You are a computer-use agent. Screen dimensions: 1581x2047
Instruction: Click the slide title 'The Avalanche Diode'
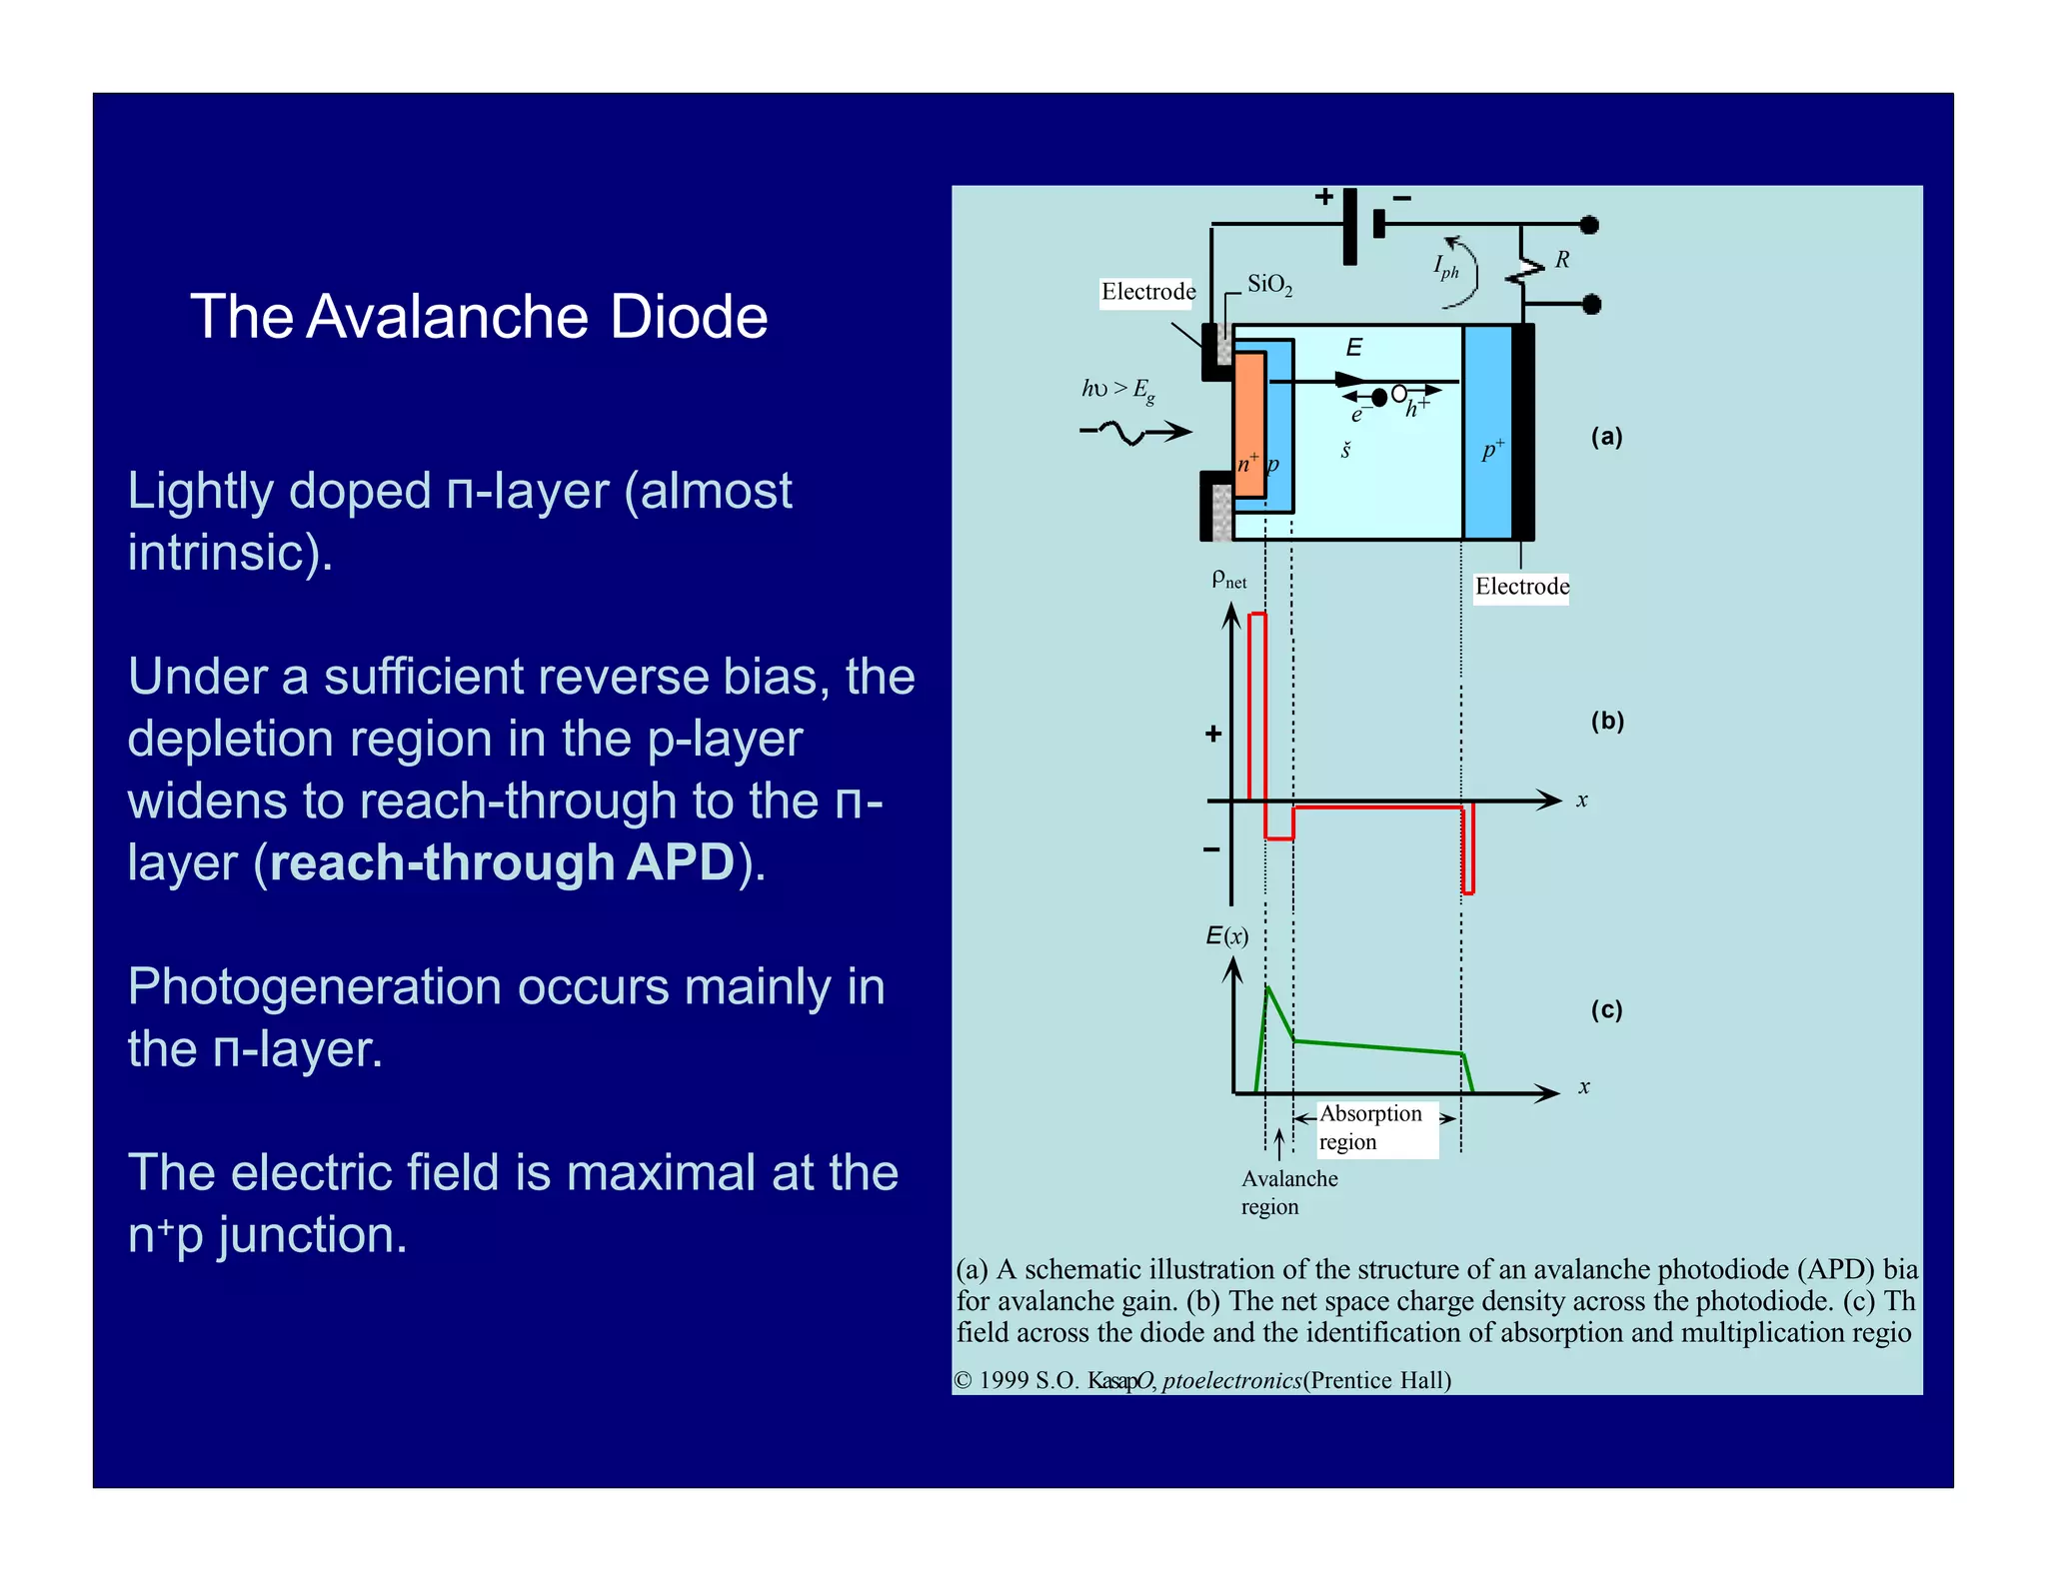click(x=479, y=317)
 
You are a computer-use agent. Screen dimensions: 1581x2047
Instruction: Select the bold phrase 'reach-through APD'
click(x=502, y=862)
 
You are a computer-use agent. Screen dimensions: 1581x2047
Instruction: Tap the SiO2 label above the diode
click(x=1269, y=286)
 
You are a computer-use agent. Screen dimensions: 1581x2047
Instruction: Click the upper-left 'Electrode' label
click(x=1147, y=292)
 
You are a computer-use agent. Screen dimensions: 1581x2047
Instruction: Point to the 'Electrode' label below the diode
click(x=1521, y=587)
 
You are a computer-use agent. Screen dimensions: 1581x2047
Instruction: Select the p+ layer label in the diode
click(x=1492, y=450)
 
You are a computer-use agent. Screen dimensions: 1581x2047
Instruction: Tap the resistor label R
click(x=1562, y=260)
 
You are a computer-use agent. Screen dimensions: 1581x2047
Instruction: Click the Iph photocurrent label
click(x=1446, y=267)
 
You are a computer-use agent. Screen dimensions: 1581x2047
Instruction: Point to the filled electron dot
click(x=1379, y=398)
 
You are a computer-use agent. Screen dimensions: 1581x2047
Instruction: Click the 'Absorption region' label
click(x=1370, y=1127)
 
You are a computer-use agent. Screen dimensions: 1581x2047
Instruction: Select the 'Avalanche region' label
click(x=1288, y=1192)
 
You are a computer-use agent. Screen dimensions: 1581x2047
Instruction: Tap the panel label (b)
click(x=1607, y=721)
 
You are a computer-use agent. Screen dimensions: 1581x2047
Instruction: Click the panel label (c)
click(x=1606, y=1009)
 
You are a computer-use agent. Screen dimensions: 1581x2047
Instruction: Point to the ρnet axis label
click(x=1228, y=579)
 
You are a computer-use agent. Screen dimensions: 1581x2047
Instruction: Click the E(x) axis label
click(x=1226, y=936)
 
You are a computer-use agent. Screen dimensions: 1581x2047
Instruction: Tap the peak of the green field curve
click(x=1267, y=987)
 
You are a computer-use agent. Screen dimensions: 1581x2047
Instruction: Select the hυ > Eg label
click(x=1118, y=389)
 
